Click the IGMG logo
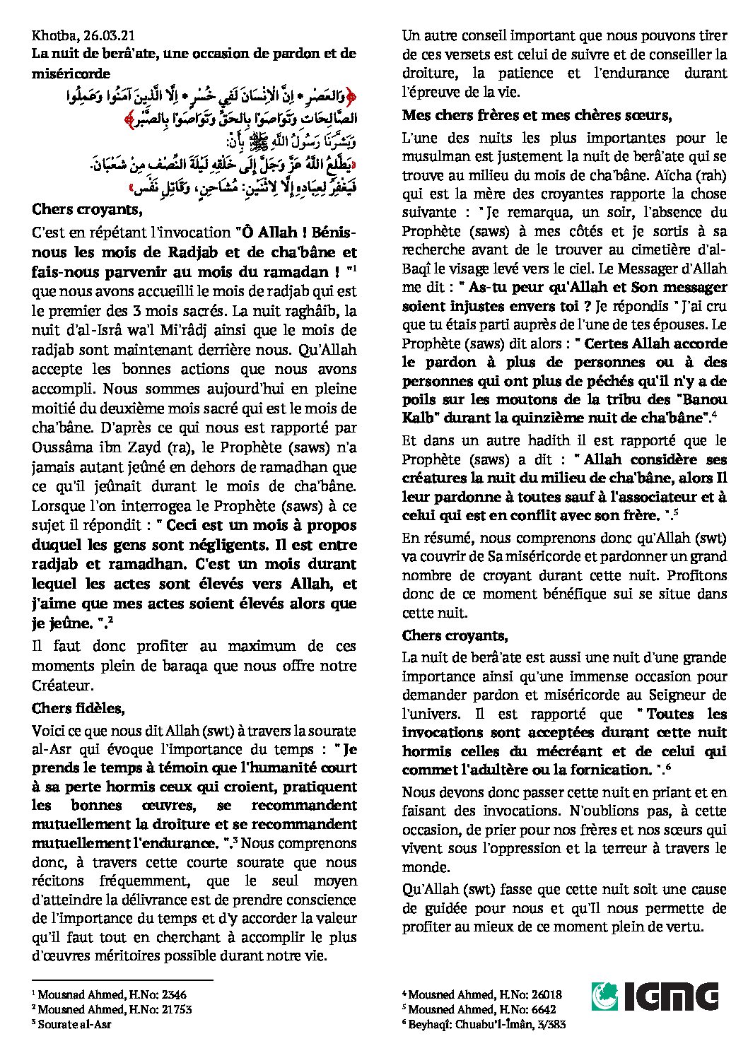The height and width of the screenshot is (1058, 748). click(655, 997)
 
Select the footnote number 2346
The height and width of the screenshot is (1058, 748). click(170, 994)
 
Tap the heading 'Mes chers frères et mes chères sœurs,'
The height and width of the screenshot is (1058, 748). click(537, 115)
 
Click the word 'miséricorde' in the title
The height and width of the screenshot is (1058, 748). click(70, 72)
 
